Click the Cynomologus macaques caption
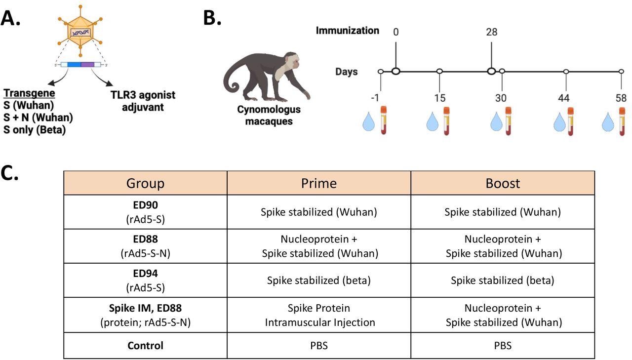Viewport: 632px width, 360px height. click(269, 116)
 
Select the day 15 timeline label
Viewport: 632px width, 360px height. click(439, 98)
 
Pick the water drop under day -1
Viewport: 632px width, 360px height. click(368, 122)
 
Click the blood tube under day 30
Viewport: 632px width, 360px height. click(508, 120)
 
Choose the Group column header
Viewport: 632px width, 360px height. click(145, 183)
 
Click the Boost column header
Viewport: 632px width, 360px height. click(503, 183)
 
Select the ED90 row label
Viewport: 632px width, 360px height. click(145, 211)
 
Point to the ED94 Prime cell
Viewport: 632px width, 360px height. click(318, 280)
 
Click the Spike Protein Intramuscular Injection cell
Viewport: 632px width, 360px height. click(318, 315)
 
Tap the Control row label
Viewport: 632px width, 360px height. click(145, 346)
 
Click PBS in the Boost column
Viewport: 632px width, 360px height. click(503, 346)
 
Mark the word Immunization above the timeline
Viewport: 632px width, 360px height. click(348, 31)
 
